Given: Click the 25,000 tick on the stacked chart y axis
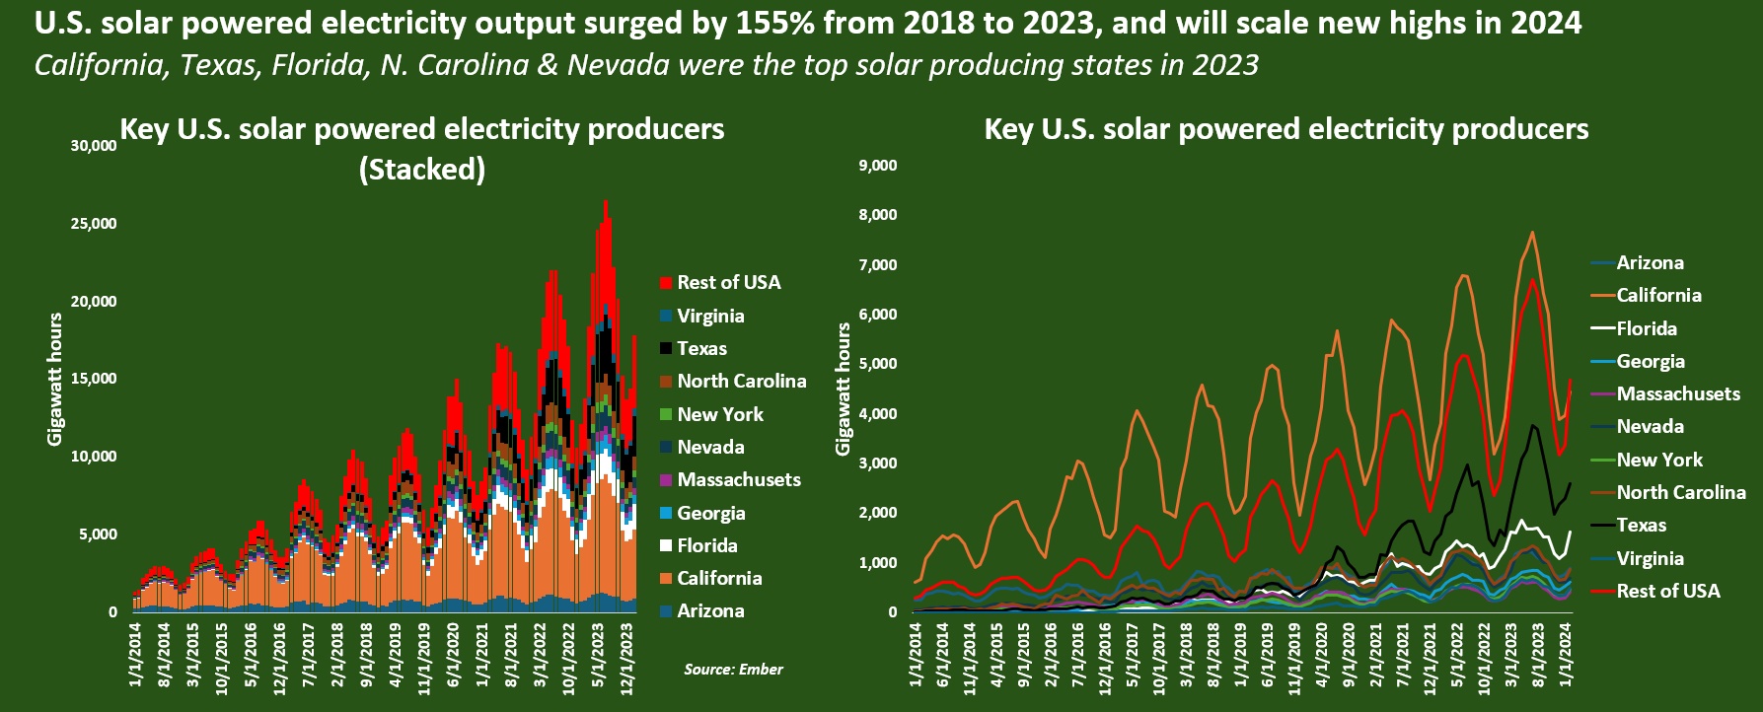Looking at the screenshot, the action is [x=95, y=224].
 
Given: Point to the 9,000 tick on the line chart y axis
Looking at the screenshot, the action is [x=878, y=166].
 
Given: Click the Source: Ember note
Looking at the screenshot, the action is [x=734, y=670].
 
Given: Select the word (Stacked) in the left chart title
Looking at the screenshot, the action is [x=422, y=170].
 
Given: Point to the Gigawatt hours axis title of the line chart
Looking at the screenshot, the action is [x=843, y=389].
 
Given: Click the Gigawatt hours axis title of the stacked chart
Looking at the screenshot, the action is [x=55, y=379].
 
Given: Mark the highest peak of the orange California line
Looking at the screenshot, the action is [x=1532, y=232].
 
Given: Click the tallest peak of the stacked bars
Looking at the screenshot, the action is [x=605, y=201].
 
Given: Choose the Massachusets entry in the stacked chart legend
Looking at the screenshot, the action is [x=730, y=479].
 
